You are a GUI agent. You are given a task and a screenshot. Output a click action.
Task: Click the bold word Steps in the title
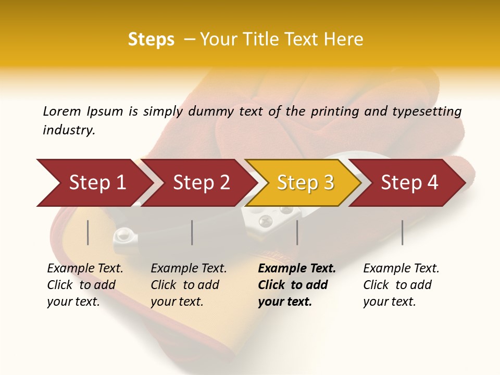pyautogui.click(x=151, y=40)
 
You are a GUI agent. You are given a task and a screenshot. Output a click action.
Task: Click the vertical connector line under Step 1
pyautogui.click(x=88, y=232)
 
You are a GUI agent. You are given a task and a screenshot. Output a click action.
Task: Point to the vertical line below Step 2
pyautogui.click(x=192, y=232)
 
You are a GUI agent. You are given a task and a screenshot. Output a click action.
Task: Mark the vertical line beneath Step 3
pyautogui.click(x=297, y=232)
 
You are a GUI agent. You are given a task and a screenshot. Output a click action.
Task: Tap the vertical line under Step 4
pyautogui.click(x=403, y=232)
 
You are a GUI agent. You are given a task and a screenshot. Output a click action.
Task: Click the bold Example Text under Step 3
pyautogui.click(x=297, y=285)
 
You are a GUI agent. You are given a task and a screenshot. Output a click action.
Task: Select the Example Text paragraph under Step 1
pyautogui.click(x=85, y=285)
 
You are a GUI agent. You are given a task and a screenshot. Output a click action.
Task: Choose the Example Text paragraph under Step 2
pyautogui.click(x=189, y=285)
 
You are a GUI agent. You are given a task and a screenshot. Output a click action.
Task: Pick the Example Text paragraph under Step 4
pyautogui.click(x=401, y=285)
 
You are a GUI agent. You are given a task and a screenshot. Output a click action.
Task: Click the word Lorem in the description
pyautogui.click(x=62, y=111)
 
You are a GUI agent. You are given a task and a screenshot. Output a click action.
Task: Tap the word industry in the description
pyautogui.click(x=69, y=130)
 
